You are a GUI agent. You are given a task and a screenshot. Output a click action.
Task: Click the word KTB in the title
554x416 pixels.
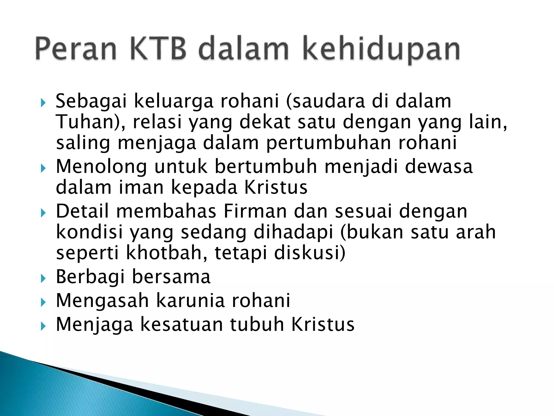[x=158, y=49]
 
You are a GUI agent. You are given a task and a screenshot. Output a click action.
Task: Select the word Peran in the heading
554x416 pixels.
[x=76, y=49]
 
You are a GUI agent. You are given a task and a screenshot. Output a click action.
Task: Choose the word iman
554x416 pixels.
[x=141, y=187]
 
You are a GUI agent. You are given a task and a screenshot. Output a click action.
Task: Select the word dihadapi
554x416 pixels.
[x=293, y=232]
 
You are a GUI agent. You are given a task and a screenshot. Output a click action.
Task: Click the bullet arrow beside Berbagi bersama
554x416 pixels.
[x=43, y=278]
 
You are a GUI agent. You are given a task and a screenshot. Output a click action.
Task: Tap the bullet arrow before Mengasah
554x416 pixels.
[x=43, y=302]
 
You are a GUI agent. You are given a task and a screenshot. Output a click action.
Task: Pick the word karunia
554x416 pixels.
[x=191, y=301]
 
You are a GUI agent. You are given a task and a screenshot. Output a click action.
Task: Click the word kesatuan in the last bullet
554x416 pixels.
[x=182, y=324]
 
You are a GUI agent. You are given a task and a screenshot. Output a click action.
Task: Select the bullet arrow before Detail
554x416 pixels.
[x=43, y=213]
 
